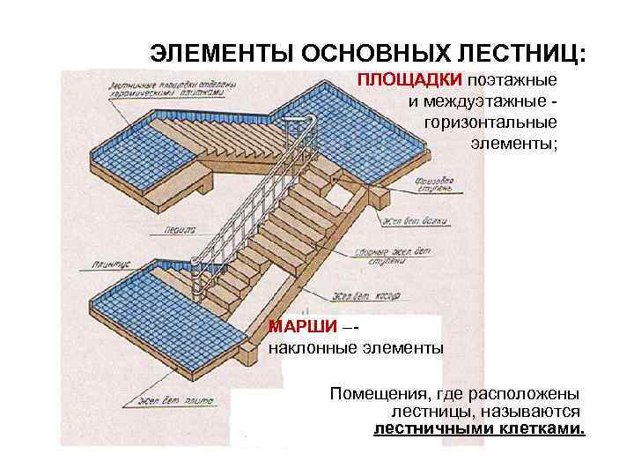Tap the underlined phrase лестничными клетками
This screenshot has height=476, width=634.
(479, 429)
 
